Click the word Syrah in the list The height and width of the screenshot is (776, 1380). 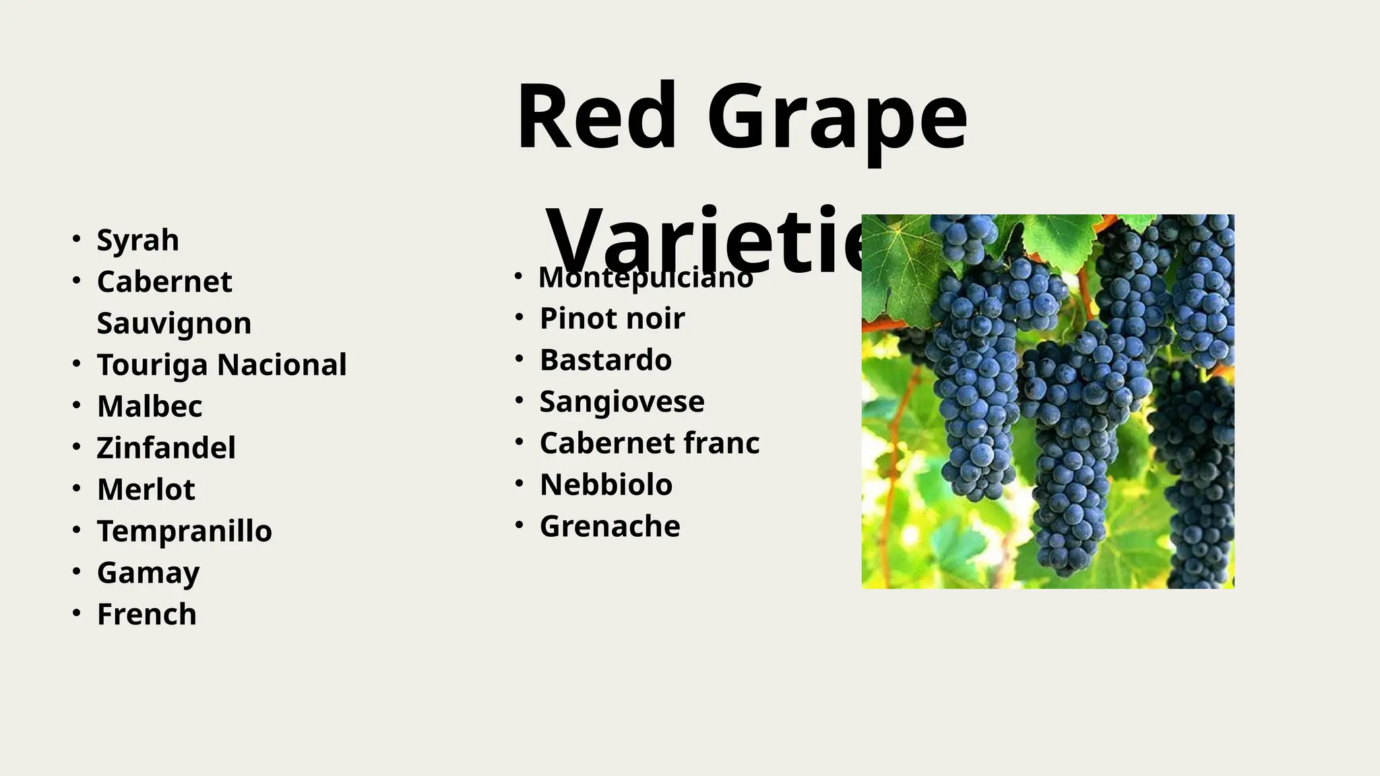click(137, 240)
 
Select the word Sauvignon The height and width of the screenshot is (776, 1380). click(174, 323)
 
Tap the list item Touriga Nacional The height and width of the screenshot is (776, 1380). click(222, 365)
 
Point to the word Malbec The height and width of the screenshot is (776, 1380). click(150, 406)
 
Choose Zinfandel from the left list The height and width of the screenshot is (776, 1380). click(166, 448)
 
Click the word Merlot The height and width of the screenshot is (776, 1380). click(146, 490)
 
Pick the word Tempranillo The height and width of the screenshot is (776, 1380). click(185, 531)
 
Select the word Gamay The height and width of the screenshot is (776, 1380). click(148, 573)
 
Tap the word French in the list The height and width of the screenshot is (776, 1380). click(147, 614)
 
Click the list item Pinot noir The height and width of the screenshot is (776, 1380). click(612, 319)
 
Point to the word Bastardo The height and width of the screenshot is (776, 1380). click(605, 360)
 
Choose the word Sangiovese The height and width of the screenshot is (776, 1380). click(622, 402)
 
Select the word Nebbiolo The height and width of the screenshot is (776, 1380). click(606, 485)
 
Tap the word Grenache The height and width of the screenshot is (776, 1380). click(610, 527)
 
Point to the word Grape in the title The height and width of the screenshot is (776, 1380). click(837, 117)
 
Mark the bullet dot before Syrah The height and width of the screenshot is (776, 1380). click(77, 238)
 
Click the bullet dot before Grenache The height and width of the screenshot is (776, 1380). click(519, 525)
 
